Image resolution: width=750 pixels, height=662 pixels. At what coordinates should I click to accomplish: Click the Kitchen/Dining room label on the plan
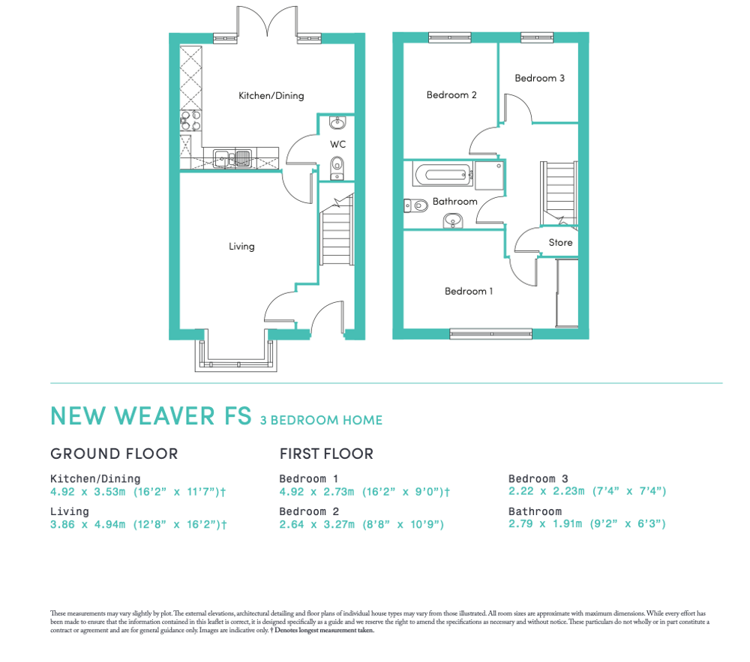pos(271,96)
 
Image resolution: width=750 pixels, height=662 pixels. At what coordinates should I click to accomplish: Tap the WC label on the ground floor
pos(337,144)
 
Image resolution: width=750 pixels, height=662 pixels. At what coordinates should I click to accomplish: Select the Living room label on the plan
pos(241,247)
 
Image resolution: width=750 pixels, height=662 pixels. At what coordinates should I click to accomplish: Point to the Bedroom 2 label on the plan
pos(451,94)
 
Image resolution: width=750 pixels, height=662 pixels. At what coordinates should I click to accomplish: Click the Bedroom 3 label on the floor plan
pos(539,78)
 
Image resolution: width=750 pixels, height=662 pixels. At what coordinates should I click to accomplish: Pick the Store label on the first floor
pos(560,242)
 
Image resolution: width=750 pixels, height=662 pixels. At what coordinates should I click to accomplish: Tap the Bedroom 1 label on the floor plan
pos(469,291)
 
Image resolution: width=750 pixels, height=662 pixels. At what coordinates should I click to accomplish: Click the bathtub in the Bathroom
pos(443,175)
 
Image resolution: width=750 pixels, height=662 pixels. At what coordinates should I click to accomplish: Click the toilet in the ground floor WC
pos(337,168)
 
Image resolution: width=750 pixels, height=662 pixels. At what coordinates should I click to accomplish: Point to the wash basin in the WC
pos(337,123)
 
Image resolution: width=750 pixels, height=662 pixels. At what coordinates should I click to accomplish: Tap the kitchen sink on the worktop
pos(232,158)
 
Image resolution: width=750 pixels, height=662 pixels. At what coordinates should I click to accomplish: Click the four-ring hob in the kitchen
pos(190,120)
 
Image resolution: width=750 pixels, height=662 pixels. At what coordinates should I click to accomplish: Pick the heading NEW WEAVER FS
pos(151,416)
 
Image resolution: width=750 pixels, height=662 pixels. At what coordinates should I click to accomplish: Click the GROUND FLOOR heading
pos(114,454)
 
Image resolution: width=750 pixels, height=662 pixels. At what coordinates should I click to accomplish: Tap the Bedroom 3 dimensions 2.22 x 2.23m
pos(546,491)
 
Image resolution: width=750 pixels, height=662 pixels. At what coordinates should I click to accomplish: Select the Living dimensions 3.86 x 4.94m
pos(88,524)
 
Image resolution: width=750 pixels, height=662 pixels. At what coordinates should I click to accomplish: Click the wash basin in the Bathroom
pos(453,221)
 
